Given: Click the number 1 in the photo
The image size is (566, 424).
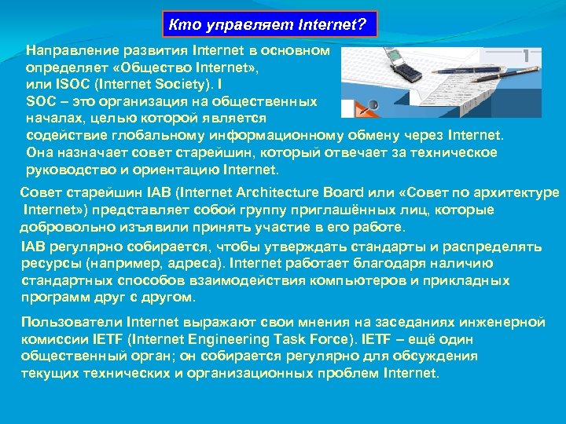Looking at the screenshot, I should point(524,55).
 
